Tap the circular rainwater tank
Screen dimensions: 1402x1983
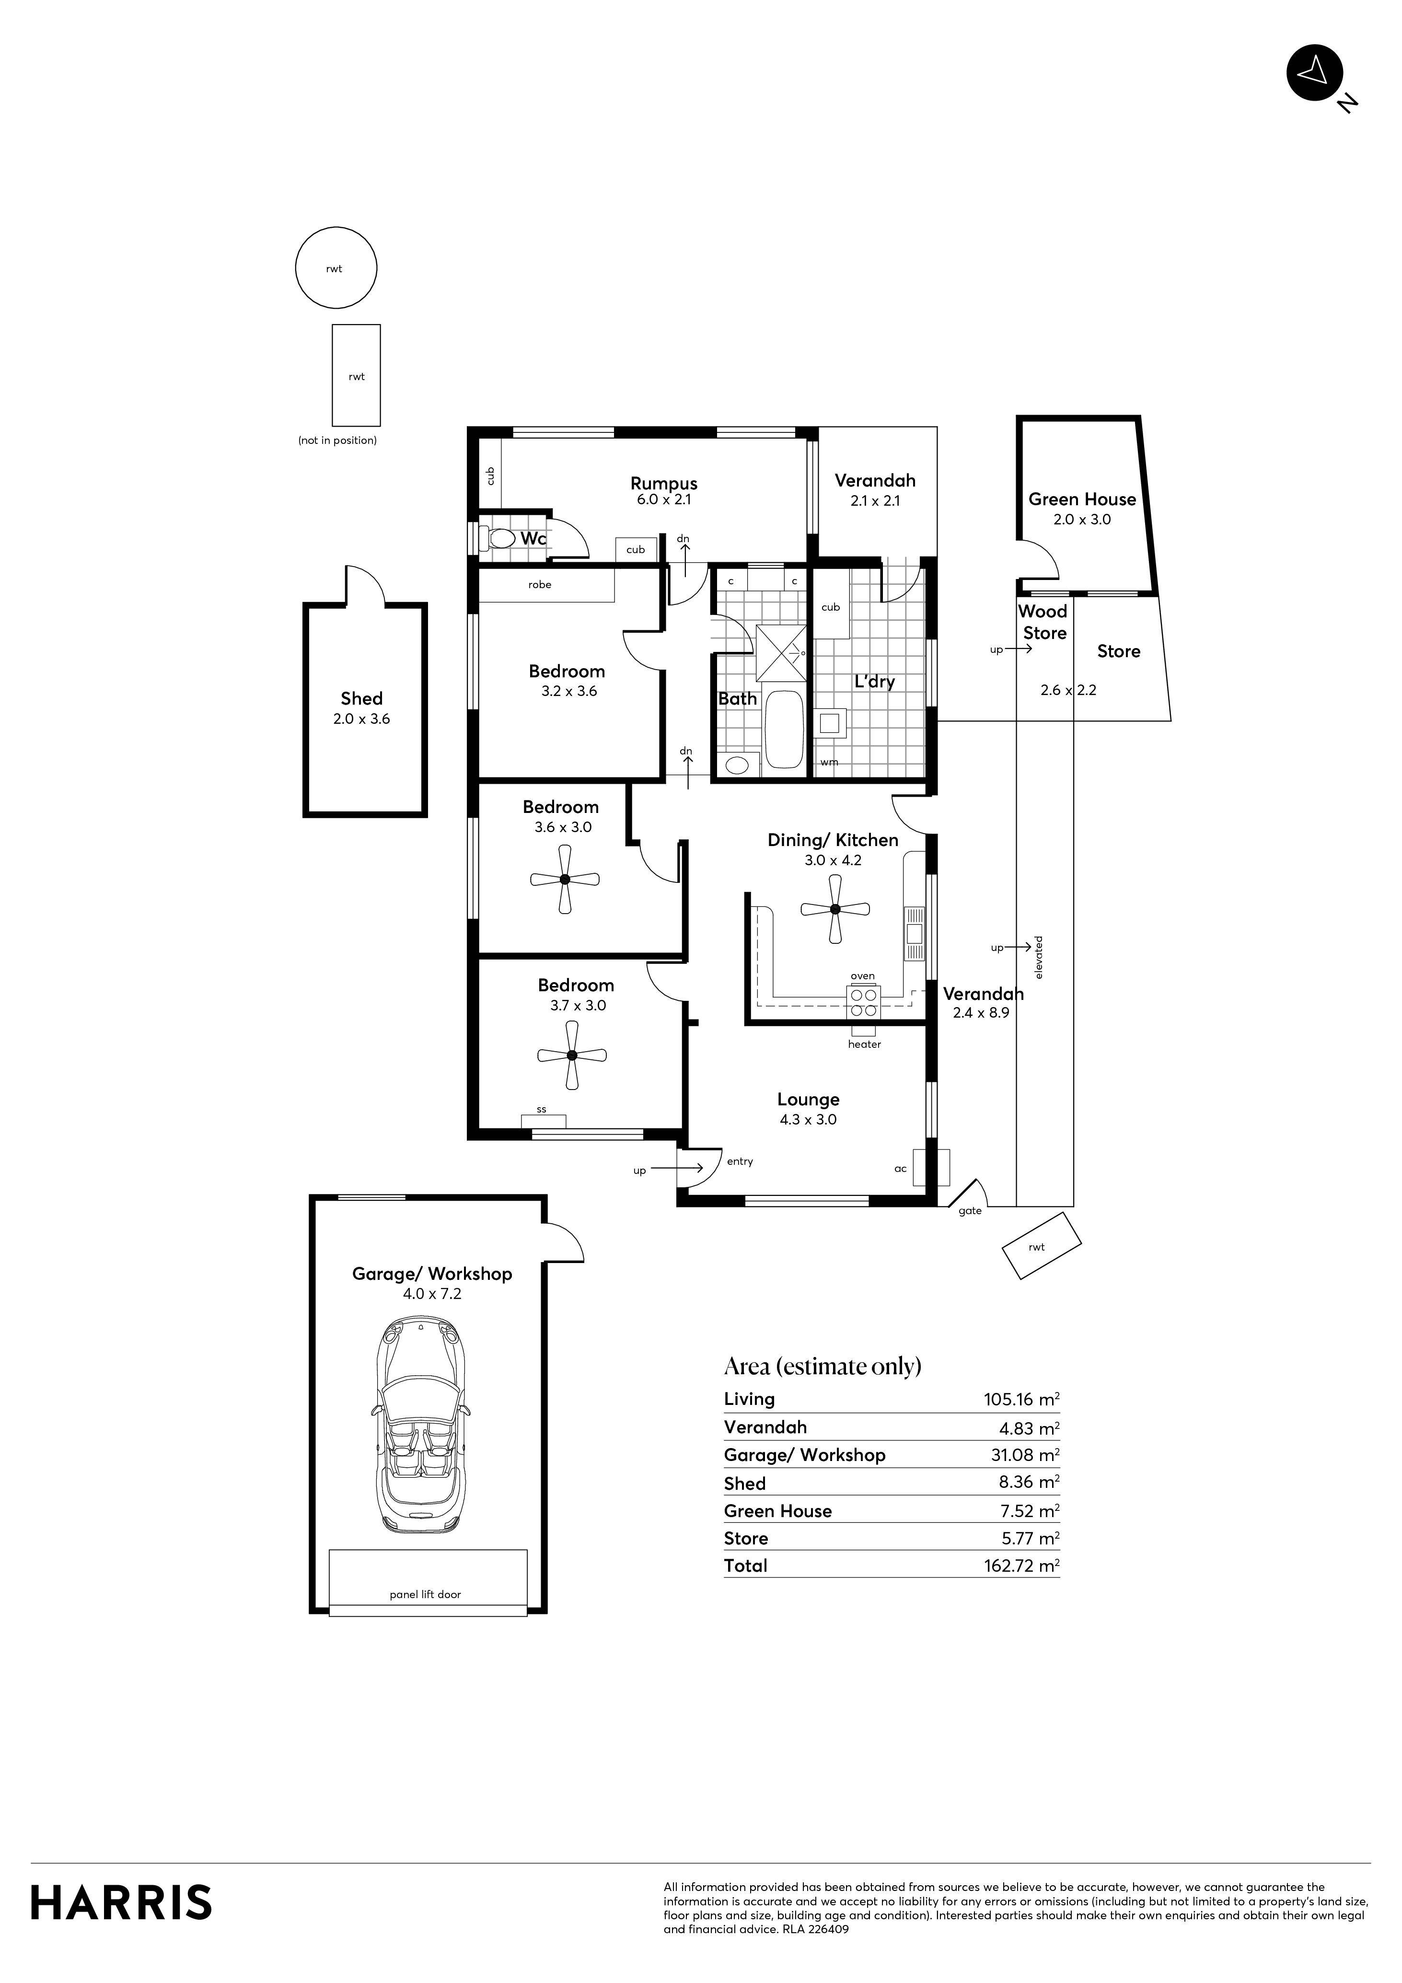pyautogui.click(x=336, y=268)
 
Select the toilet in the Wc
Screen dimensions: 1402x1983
pyautogui.click(x=499, y=539)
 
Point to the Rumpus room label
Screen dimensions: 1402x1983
pyautogui.click(x=663, y=484)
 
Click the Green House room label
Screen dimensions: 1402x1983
pyautogui.click(x=1081, y=499)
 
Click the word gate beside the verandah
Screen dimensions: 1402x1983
pyautogui.click(x=970, y=1211)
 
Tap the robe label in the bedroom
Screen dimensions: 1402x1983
pyautogui.click(x=540, y=585)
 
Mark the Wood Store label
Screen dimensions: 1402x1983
pyautogui.click(x=1043, y=622)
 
